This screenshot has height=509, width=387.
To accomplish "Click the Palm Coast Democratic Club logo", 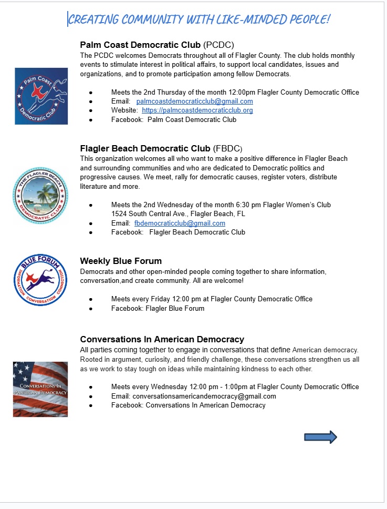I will pyautogui.click(x=41, y=96).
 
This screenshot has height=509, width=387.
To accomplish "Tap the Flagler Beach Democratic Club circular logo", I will pyautogui.click(x=40, y=196).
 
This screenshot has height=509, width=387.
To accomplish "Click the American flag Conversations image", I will pyautogui.click(x=40, y=389).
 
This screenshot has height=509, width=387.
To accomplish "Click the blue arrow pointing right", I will pyautogui.click(x=320, y=437).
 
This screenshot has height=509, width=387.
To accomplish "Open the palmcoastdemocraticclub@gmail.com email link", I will pyautogui.click(x=194, y=101).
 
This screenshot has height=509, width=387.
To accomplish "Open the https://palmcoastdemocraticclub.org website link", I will pyautogui.click(x=197, y=110).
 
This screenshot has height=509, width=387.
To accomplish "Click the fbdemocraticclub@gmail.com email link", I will pyautogui.click(x=180, y=223).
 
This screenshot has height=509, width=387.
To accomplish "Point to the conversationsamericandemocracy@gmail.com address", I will pyautogui.click(x=204, y=396).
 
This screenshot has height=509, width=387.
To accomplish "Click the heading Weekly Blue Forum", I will pyautogui.click(x=121, y=261).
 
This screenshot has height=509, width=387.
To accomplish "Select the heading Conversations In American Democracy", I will pyautogui.click(x=162, y=339).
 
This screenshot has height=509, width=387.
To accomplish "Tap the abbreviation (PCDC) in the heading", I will pyautogui.click(x=218, y=45).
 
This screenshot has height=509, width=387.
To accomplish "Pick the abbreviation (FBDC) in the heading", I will pyautogui.click(x=228, y=148).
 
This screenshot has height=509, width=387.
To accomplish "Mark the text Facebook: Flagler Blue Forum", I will pyautogui.click(x=158, y=308).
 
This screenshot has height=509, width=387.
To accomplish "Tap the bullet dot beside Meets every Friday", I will pyautogui.click(x=91, y=299).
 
